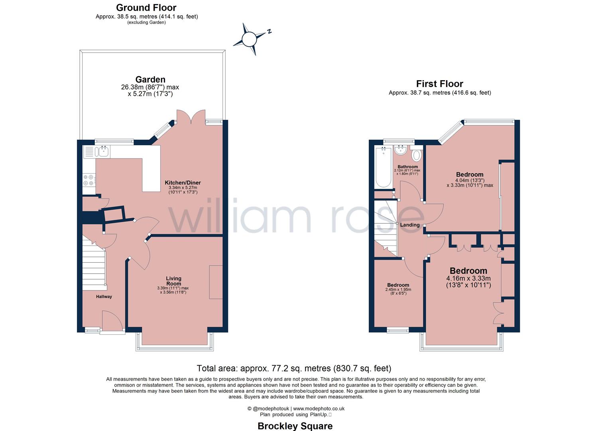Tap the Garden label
[150, 79]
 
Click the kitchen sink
[103, 151]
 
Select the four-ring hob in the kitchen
[88, 180]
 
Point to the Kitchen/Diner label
[183, 183]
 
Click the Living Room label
[173, 281]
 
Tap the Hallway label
[104, 297]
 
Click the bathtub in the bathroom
[383, 167]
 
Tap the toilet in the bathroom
[416, 154]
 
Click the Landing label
[410, 225]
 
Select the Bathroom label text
[407, 167]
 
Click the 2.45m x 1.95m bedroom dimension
[398, 290]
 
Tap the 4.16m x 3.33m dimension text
[468, 278]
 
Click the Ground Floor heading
[146, 8]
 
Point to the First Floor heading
[439, 84]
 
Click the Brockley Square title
[295, 426]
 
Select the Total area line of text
[294, 368]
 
